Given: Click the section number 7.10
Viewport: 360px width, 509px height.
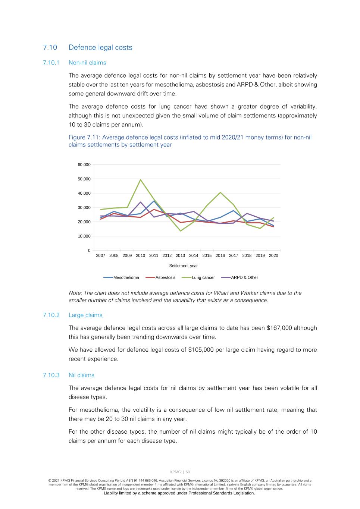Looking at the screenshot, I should (x=50, y=47).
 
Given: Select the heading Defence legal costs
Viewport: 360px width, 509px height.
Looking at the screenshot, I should (x=100, y=47).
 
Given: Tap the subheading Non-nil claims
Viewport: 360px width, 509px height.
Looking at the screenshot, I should (x=87, y=63).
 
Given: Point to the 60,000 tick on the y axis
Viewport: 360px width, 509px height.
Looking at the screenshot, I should (x=84, y=164).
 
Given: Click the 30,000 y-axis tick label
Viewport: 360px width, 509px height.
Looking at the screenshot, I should (x=84, y=207).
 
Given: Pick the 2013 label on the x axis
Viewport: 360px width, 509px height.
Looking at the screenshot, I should (x=180, y=255).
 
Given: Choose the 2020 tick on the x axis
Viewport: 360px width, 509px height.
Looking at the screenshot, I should (x=273, y=255).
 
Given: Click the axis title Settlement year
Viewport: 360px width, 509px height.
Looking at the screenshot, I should (x=183, y=266).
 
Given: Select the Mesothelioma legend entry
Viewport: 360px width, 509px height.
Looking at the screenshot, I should (x=126, y=277).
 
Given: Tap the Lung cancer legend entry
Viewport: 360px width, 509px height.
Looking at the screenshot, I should (x=203, y=277).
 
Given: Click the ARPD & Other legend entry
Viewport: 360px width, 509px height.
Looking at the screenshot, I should (x=244, y=277).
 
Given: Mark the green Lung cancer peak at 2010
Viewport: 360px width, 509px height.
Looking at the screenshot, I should (x=140, y=180).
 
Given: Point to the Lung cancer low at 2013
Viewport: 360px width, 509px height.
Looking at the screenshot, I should (x=181, y=231).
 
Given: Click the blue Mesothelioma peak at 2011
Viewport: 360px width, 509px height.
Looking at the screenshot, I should (x=154, y=201).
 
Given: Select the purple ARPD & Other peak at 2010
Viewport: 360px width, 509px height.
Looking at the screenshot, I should (x=141, y=202).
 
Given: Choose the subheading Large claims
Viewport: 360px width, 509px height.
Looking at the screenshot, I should (x=85, y=315).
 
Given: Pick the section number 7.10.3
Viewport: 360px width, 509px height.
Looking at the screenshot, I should (x=51, y=375).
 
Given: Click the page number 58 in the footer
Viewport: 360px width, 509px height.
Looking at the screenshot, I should (x=188, y=472).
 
